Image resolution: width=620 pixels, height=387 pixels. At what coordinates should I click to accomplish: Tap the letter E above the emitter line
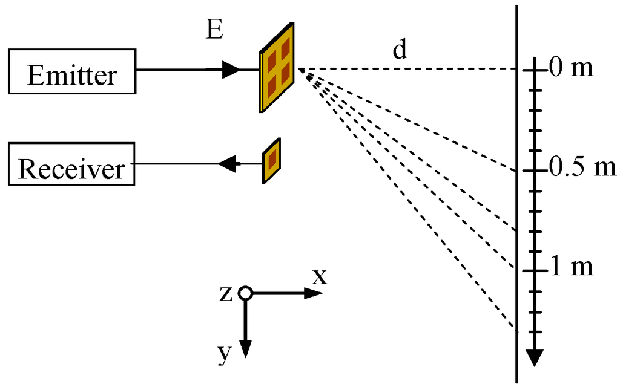(214, 32)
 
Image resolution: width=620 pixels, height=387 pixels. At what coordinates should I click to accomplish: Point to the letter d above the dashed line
(400, 51)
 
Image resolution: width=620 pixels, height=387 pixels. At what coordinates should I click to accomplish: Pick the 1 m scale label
(572, 267)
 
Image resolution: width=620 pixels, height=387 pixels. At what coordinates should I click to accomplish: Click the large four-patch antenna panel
(277, 68)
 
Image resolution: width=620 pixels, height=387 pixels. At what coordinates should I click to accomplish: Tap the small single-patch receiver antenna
(271, 160)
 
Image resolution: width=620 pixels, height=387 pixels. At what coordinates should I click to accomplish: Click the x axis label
(319, 277)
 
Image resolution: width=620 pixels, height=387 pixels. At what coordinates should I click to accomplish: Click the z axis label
(226, 294)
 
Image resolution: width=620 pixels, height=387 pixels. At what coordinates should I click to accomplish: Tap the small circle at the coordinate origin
(245, 293)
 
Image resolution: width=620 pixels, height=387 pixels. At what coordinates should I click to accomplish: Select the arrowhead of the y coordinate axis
(245, 348)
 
